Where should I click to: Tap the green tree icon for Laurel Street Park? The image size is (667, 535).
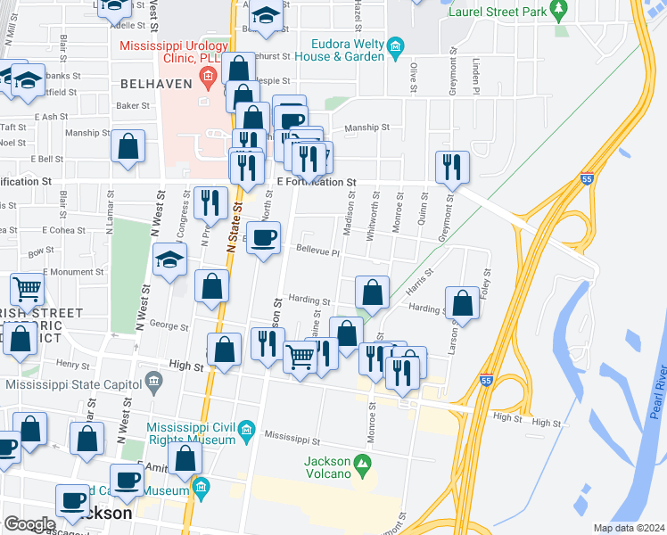559,11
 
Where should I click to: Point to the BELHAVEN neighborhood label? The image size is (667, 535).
149,82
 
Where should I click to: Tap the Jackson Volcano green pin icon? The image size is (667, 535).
362,463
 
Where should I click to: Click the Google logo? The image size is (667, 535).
30,524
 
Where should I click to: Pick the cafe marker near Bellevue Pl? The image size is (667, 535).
263,238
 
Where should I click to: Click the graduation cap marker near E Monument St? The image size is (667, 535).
169,260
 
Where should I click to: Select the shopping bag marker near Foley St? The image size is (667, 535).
463,303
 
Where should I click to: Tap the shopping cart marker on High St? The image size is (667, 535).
301,358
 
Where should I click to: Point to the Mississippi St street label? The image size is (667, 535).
292,438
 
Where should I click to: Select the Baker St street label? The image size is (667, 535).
133,105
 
